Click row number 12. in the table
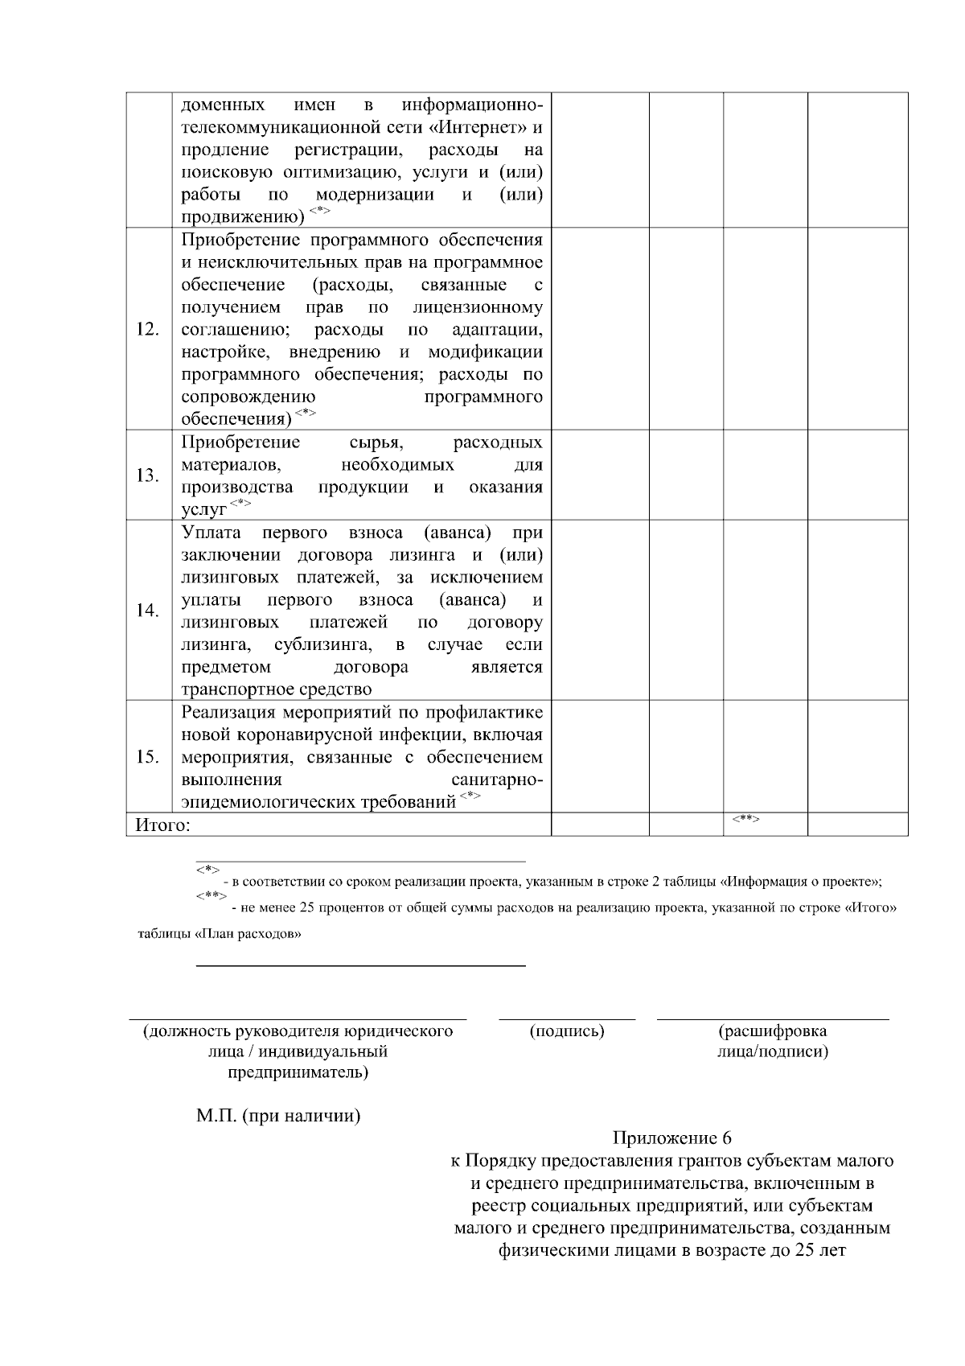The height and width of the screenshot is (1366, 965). point(148,330)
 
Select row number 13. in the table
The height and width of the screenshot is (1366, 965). point(148,475)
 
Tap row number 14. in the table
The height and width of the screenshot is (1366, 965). point(148,610)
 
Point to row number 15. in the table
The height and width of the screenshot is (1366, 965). point(148,757)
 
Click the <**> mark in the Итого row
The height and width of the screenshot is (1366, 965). point(746,819)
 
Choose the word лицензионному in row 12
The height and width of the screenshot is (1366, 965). point(478,307)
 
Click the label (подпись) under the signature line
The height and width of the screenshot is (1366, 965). point(567,1031)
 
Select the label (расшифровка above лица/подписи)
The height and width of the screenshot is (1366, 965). point(773,1031)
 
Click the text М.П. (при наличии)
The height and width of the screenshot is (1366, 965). point(278,1117)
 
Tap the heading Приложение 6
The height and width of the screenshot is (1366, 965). point(672,1138)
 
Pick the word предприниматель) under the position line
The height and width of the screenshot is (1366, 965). point(298,1073)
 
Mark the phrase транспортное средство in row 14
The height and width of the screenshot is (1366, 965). point(277,689)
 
